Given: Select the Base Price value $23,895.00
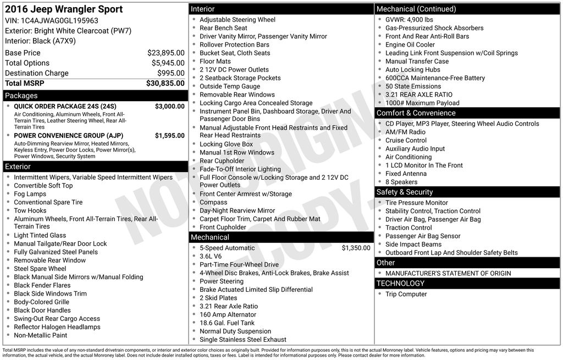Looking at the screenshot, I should [165, 53].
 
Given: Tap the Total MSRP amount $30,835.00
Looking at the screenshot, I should [165, 83].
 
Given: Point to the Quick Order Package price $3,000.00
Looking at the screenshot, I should [169, 106].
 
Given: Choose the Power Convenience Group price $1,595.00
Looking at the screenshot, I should [169, 136].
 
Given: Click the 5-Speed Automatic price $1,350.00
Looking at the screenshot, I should [356, 248].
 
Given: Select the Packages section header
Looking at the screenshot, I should [21, 96].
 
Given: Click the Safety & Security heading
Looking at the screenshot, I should [404, 192].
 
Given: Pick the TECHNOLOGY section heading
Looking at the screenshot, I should [400, 283].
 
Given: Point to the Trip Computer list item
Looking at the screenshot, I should [406, 294].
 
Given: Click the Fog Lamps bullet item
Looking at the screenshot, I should [30, 194].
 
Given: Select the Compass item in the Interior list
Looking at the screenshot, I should [213, 202].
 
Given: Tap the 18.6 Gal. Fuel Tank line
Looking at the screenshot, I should [227, 323].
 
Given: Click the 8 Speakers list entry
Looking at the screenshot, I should [401, 182].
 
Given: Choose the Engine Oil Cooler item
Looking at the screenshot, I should [410, 45].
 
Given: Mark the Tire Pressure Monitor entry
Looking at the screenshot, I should [417, 203].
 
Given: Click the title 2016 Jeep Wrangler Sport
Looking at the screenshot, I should [64, 9].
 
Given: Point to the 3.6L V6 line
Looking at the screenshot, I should [211, 256].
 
